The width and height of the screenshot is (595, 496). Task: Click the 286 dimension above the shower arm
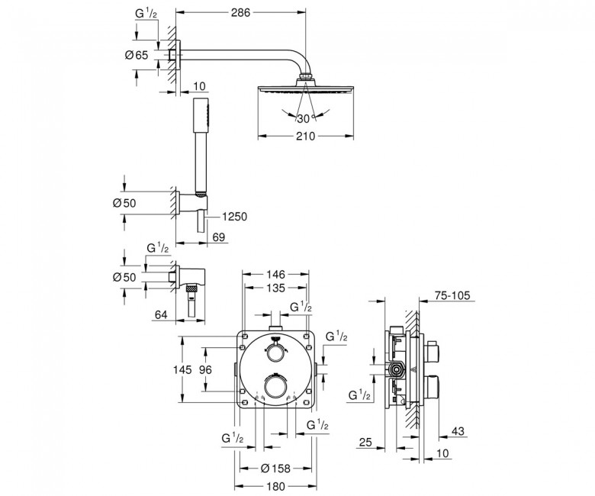pos(241,12)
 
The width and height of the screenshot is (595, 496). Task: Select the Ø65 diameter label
pos(137,55)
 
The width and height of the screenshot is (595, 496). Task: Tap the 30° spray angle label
pos(304,119)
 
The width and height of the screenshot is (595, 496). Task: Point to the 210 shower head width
pos(306,136)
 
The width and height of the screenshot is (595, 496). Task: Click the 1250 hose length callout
pos(234,217)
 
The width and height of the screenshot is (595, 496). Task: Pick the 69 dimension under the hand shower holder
pos(219,237)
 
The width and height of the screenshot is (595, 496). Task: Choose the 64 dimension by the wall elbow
pos(161,314)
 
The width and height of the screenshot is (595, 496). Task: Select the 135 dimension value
pos(275,288)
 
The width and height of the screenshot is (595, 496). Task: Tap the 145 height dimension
pos(182,369)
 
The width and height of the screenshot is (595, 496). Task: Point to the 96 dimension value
pos(205,369)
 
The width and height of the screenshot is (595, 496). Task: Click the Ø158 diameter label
pos(275,469)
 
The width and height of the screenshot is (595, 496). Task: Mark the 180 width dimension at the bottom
pos(275,486)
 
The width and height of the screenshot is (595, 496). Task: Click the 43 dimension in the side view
pos(458,431)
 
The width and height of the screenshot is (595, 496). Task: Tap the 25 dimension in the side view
pos(365,442)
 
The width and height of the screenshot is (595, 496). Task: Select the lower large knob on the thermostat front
pos(275,386)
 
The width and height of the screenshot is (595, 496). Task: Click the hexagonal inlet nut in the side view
pos(397,369)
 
